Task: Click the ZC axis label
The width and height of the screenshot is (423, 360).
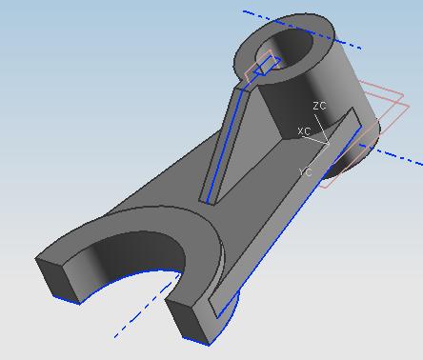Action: pyautogui.click(x=319, y=106)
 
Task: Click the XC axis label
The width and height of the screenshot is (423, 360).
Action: pyautogui.click(x=305, y=130)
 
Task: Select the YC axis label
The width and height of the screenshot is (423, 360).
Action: pyautogui.click(x=306, y=172)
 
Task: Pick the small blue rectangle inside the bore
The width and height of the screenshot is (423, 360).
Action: pyautogui.click(x=268, y=66)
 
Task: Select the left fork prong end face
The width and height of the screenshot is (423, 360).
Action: pyautogui.click(x=58, y=279)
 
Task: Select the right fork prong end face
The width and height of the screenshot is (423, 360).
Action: pyautogui.click(x=188, y=322)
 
